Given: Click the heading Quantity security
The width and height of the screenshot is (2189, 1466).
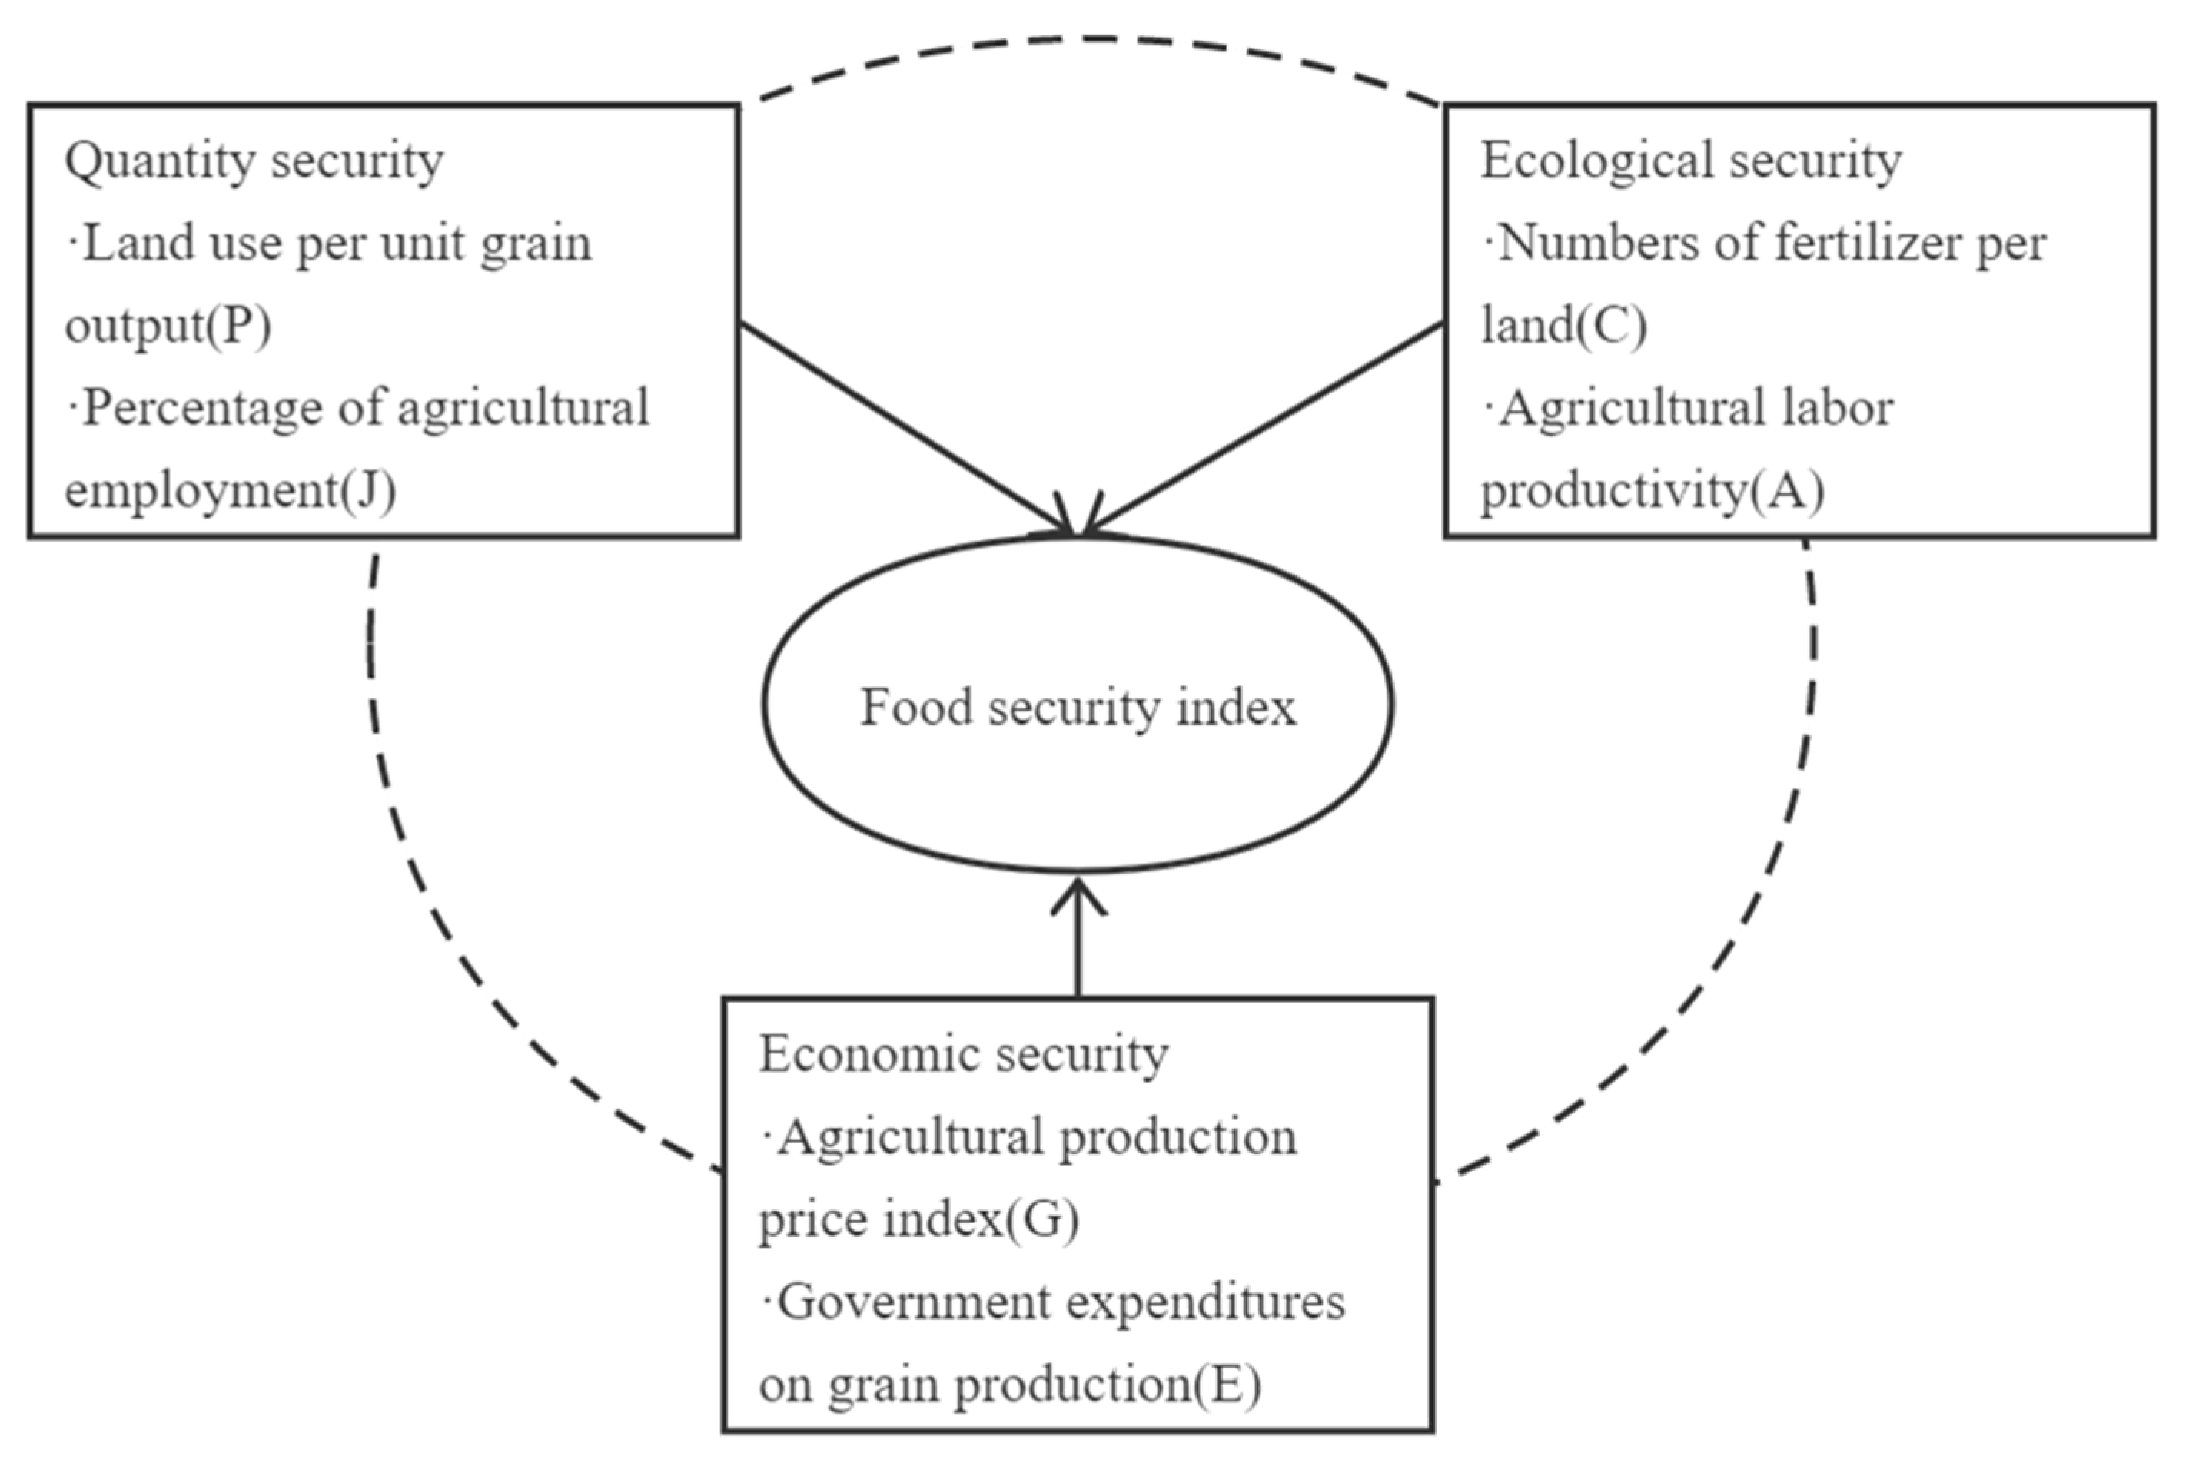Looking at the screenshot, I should pyautogui.click(x=254, y=161).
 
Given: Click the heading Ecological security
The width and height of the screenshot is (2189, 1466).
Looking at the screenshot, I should pyautogui.click(x=1691, y=161).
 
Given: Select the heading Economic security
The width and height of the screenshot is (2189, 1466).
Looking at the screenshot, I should pyautogui.click(x=963, y=1056).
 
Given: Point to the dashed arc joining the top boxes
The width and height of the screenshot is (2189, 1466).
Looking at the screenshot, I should pyautogui.click(x=1094, y=39).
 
